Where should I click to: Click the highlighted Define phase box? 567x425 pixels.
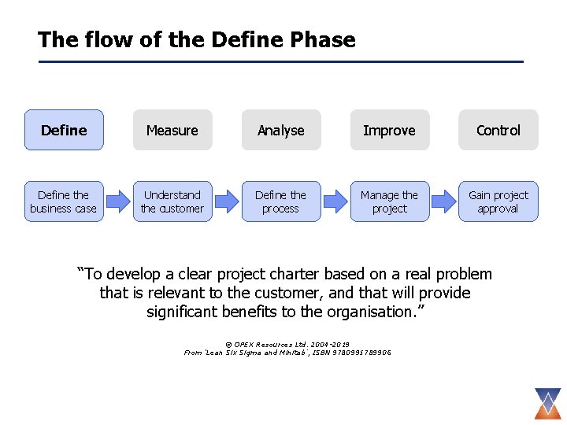click(x=63, y=130)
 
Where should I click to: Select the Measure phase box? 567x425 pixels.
click(x=172, y=130)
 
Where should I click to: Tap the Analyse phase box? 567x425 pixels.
click(x=280, y=130)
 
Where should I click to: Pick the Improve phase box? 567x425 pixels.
click(x=389, y=130)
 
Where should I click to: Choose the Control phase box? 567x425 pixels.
click(x=498, y=130)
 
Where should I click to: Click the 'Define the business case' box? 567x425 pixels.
click(x=63, y=201)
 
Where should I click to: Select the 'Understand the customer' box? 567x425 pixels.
click(x=172, y=201)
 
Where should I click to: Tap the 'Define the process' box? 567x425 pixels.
click(x=280, y=201)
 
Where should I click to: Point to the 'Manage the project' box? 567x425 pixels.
click(x=389, y=201)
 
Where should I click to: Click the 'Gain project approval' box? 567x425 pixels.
click(x=498, y=201)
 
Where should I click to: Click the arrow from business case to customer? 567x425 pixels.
click(x=117, y=201)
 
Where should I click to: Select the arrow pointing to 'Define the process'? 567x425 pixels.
click(x=226, y=201)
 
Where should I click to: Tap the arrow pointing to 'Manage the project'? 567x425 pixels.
click(x=335, y=201)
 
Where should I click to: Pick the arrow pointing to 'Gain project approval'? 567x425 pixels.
click(x=443, y=201)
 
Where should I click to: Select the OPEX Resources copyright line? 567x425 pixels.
click(x=287, y=345)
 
